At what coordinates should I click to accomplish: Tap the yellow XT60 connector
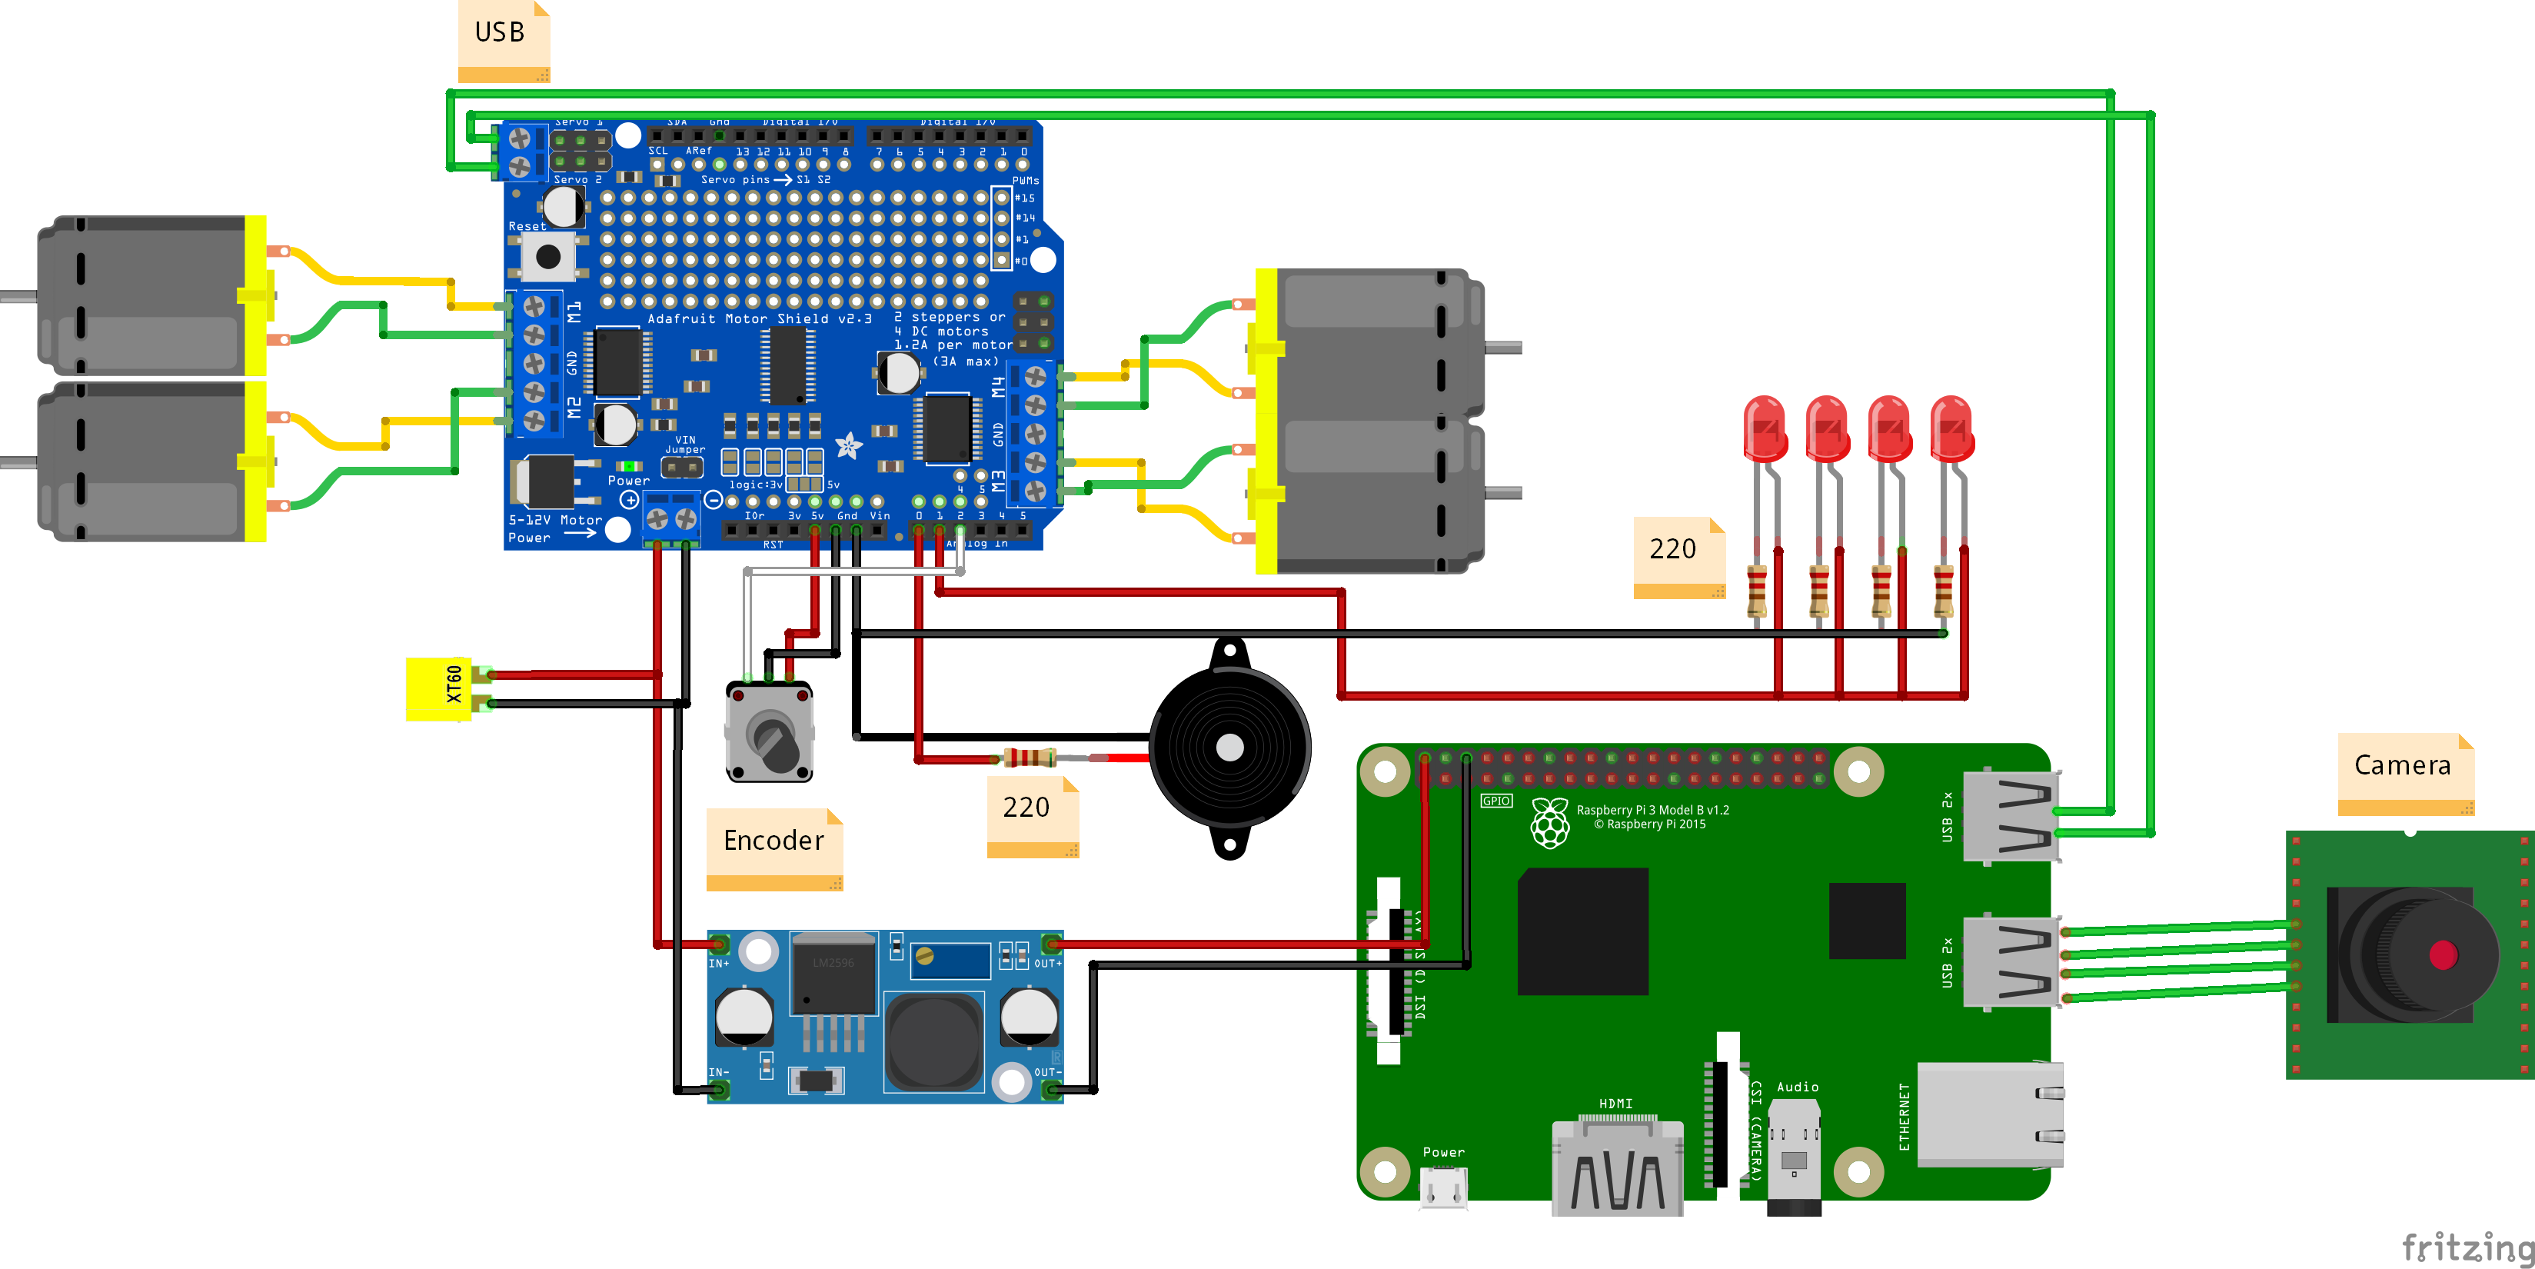coord(440,688)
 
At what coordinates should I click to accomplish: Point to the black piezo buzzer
coord(1229,748)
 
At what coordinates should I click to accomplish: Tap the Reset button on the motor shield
coord(547,257)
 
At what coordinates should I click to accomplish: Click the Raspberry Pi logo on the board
coord(1550,822)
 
